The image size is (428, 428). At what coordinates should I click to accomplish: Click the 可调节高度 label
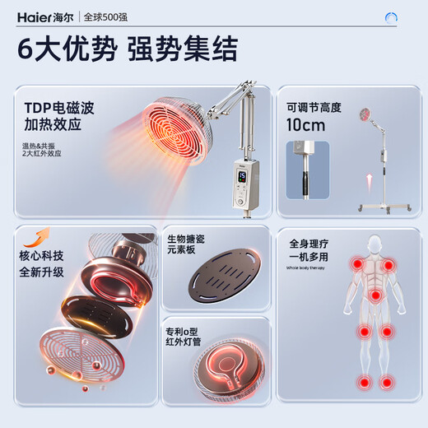pos(313,108)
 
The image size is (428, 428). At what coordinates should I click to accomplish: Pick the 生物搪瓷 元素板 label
pos(188,246)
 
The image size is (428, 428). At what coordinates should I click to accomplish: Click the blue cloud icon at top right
pos(392,16)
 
